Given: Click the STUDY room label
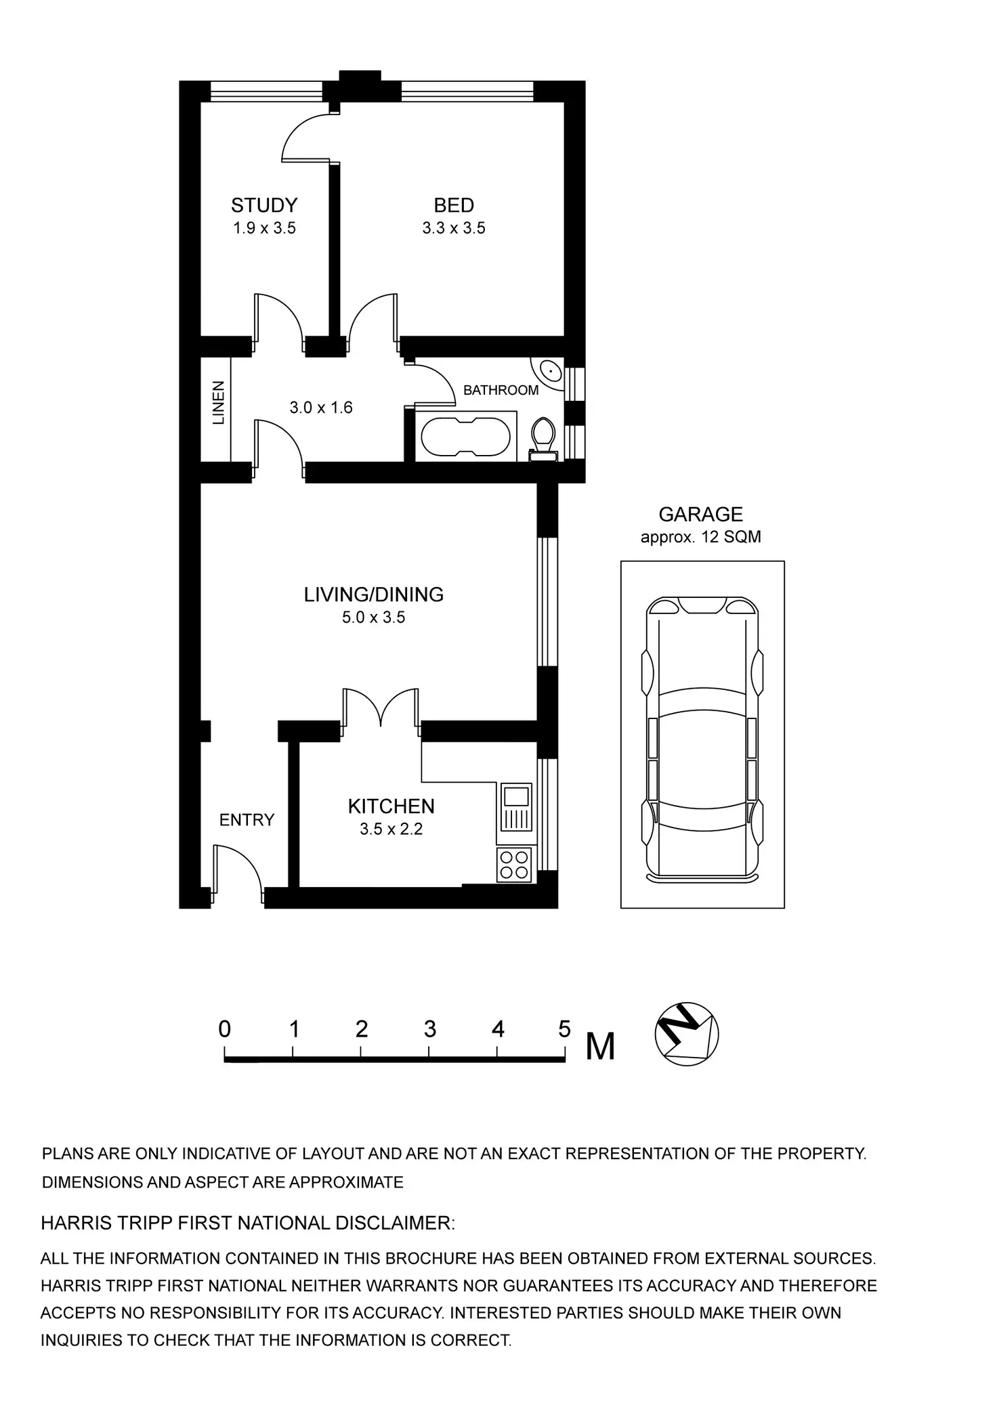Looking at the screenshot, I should [x=264, y=205].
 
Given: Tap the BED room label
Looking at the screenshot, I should [x=454, y=205].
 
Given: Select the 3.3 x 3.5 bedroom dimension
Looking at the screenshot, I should [x=454, y=228].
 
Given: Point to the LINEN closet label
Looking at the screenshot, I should [x=218, y=403].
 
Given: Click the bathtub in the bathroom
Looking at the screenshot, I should [x=465, y=437].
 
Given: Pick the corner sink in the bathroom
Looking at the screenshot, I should [x=549, y=372].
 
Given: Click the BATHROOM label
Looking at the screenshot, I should [x=501, y=390].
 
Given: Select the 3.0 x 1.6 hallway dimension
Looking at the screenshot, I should [x=321, y=408].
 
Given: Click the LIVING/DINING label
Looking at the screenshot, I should [x=373, y=594].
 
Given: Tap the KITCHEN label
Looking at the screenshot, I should [x=391, y=806].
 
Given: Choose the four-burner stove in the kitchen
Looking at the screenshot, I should [x=514, y=865].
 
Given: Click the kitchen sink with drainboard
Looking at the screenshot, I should [x=516, y=807].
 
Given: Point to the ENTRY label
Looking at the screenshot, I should [x=247, y=820].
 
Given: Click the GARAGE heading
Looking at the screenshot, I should [x=700, y=515].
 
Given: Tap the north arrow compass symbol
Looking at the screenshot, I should [x=686, y=1034].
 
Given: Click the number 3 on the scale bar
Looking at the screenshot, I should [x=429, y=1030].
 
